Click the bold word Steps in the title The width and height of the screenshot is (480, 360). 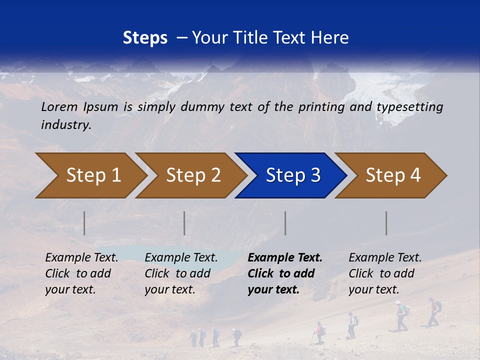(x=145, y=38)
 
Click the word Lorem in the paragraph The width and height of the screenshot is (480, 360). (x=59, y=106)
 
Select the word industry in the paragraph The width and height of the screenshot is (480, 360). (x=65, y=124)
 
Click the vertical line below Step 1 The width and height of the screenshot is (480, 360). (x=84, y=223)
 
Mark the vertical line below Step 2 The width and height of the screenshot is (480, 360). (x=184, y=223)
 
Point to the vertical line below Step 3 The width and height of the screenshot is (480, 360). (x=285, y=223)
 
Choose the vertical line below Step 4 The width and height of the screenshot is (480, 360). (x=386, y=223)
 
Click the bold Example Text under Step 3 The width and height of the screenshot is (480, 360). (x=285, y=258)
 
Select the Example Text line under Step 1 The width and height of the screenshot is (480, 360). (x=81, y=258)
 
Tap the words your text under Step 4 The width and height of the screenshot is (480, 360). (x=373, y=289)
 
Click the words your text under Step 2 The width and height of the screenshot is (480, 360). (x=170, y=289)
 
